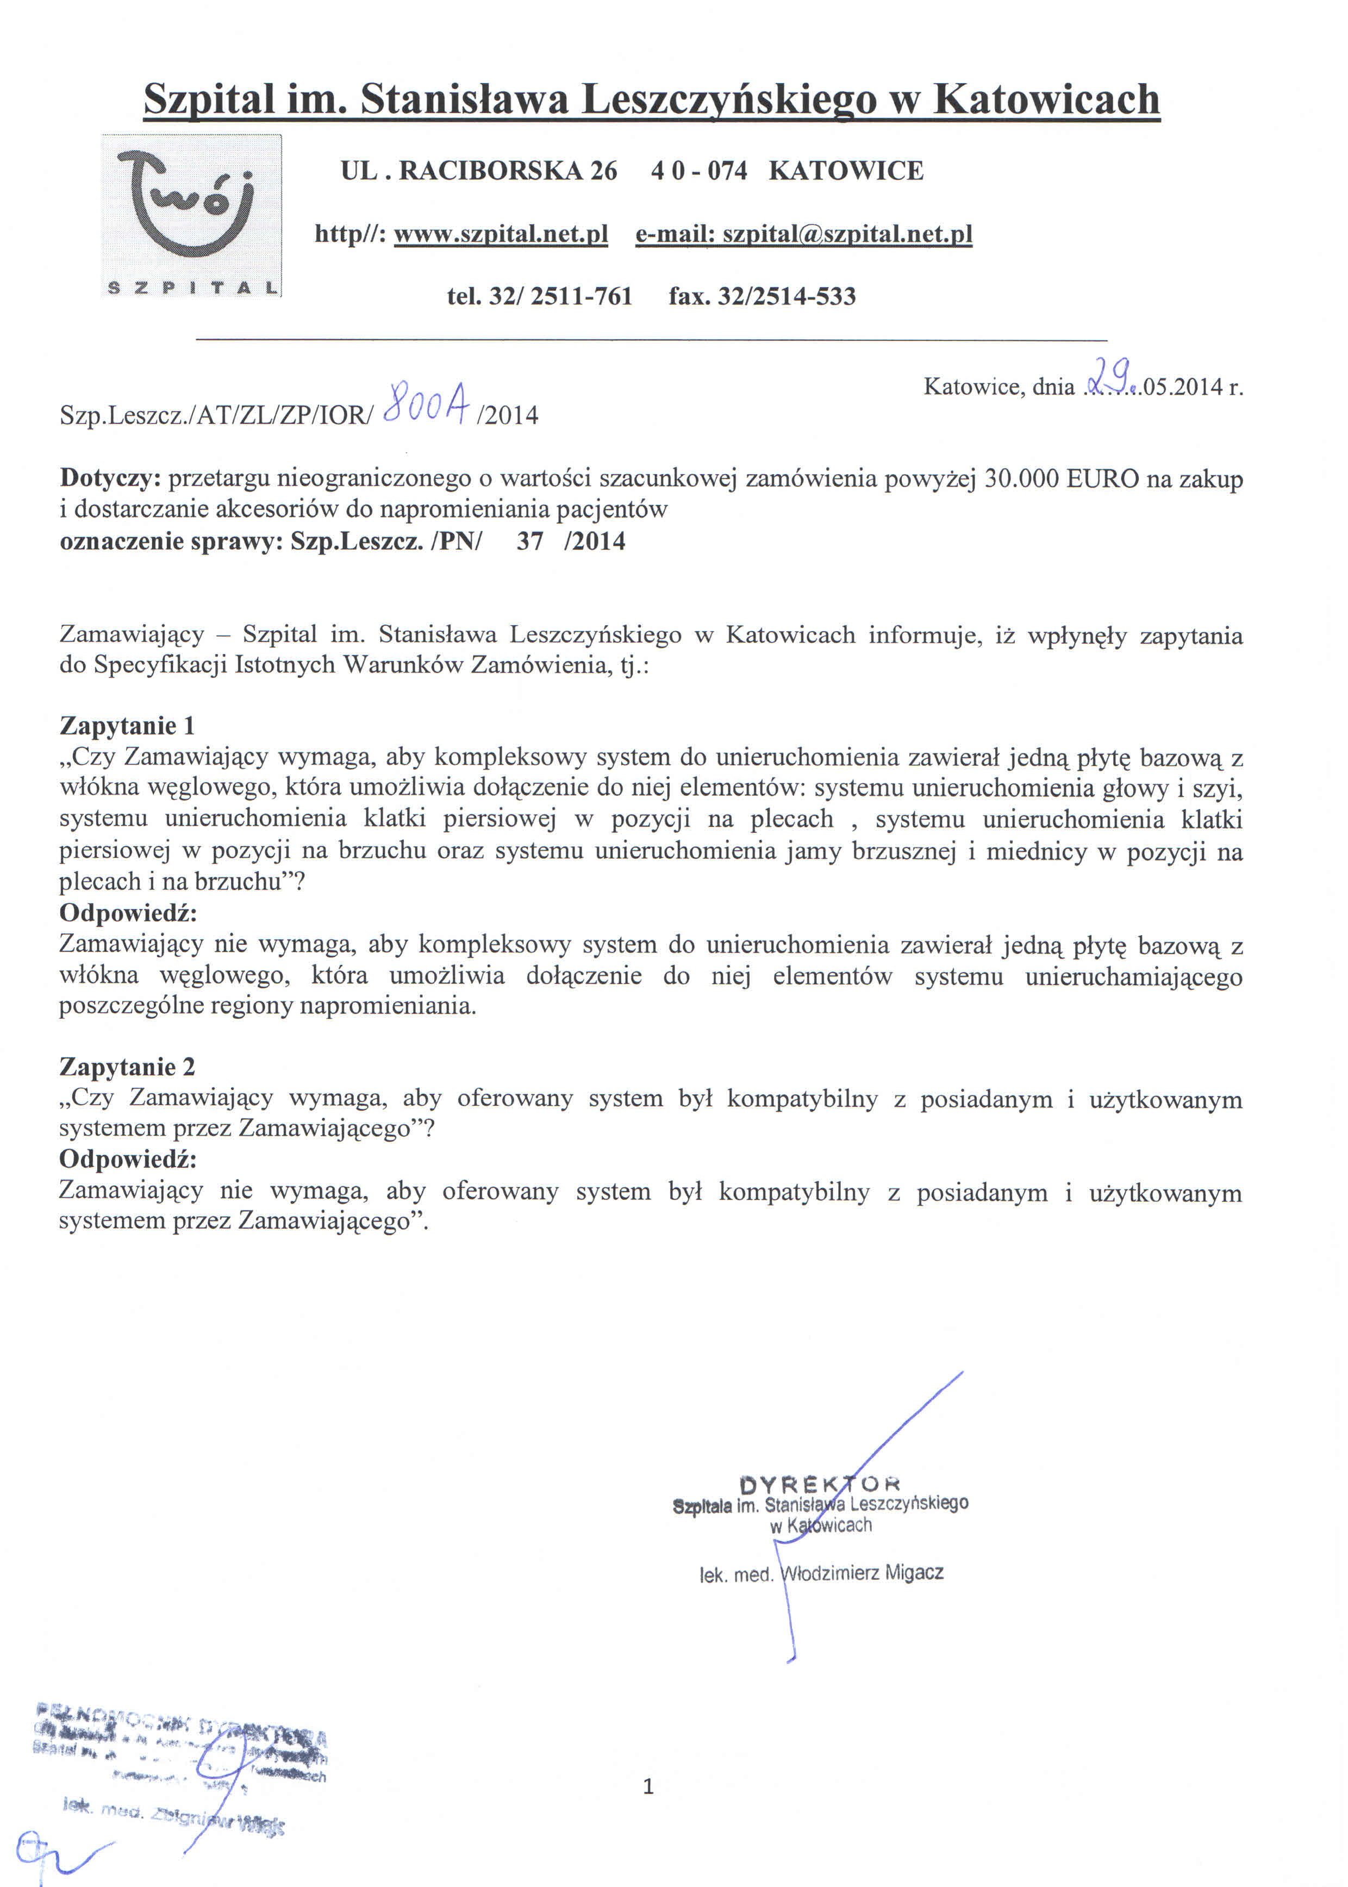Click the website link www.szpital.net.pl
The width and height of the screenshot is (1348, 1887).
[x=501, y=234]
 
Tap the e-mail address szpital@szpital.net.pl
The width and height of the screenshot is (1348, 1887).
[x=847, y=234]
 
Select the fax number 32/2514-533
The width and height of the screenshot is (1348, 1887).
[x=786, y=296]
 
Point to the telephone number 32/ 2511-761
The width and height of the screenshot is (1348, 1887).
[x=560, y=296]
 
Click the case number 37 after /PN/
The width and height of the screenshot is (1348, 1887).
[x=529, y=541]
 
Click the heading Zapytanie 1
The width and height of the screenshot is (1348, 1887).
[x=127, y=726]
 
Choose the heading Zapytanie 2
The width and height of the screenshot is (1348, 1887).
[x=127, y=1067]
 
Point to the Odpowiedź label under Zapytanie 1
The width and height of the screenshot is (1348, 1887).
[x=128, y=913]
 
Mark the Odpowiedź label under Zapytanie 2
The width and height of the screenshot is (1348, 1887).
[x=128, y=1159]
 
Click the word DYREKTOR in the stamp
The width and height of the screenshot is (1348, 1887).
[x=819, y=1483]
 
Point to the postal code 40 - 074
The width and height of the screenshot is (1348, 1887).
[x=699, y=171]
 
